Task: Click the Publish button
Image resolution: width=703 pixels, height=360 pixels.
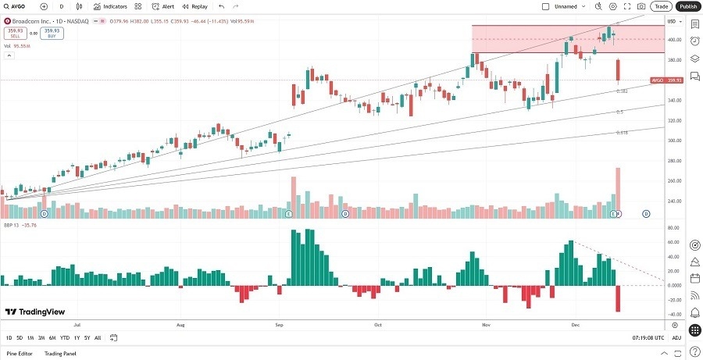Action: click(x=688, y=6)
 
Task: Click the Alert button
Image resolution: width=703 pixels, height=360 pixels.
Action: click(x=163, y=6)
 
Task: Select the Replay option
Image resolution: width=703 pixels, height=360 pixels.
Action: click(x=195, y=6)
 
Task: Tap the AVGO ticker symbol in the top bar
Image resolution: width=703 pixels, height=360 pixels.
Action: click(x=19, y=6)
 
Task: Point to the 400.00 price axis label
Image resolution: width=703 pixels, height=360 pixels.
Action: click(x=673, y=40)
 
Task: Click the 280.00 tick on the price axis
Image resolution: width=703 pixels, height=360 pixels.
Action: click(x=673, y=161)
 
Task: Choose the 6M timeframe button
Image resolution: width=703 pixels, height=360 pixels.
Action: click(x=52, y=337)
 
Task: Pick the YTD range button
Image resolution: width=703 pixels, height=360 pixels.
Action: click(x=65, y=337)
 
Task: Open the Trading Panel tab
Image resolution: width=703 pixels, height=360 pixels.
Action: click(x=59, y=354)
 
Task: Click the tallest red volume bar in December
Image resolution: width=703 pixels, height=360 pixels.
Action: click(x=618, y=192)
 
